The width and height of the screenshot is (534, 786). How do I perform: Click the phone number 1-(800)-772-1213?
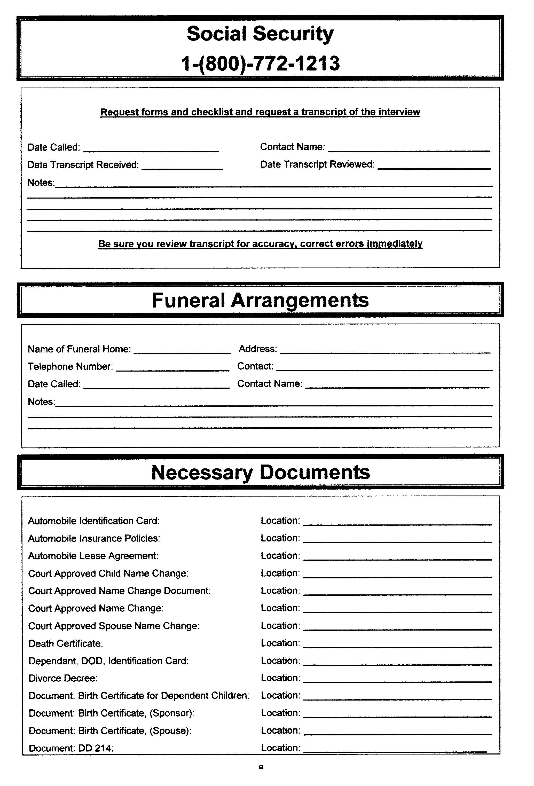pyautogui.click(x=260, y=64)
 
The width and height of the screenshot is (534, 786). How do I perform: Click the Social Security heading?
pyautogui.click(x=260, y=34)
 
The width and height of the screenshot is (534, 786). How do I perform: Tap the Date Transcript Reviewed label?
pyautogui.click(x=317, y=164)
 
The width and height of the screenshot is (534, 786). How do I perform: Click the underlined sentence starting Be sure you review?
pyautogui.click(x=260, y=244)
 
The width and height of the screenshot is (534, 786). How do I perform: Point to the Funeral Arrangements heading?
pyautogui.click(x=260, y=300)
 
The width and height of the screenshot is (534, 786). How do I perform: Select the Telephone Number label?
pyautogui.click(x=70, y=367)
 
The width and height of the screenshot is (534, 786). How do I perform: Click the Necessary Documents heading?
pyautogui.click(x=260, y=472)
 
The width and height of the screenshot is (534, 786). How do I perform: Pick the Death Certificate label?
pyautogui.click(x=66, y=643)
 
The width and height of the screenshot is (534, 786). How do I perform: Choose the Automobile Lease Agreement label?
pyautogui.click(x=93, y=556)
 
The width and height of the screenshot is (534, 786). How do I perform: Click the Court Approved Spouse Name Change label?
pyautogui.click(x=114, y=626)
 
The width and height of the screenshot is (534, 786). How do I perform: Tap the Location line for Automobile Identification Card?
pyautogui.click(x=397, y=524)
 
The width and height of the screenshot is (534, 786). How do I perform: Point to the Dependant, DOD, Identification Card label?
pyautogui.click(x=108, y=661)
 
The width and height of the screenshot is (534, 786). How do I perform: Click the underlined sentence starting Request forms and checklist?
pyautogui.click(x=260, y=112)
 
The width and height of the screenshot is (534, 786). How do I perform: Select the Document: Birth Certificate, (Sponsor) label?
pyautogui.click(x=112, y=713)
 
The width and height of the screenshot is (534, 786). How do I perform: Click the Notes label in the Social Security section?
pyautogui.click(x=41, y=183)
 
